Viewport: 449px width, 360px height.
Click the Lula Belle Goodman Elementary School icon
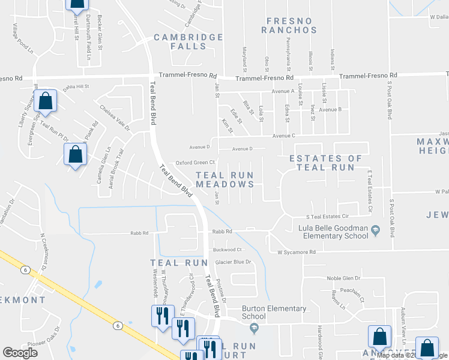point(375,229)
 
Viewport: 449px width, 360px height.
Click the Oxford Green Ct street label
point(194,163)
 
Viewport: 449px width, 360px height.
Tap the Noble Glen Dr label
point(343,278)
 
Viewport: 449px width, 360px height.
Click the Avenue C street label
point(285,136)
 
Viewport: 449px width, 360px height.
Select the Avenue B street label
point(330,110)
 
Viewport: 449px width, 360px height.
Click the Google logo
point(20,353)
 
